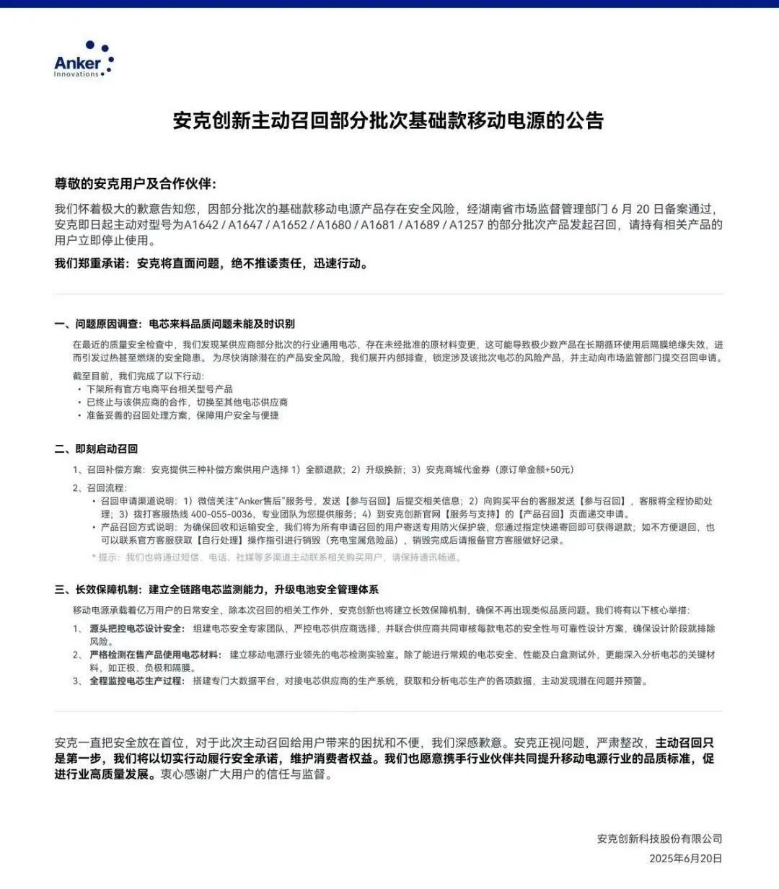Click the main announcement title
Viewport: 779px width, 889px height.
pos(388,120)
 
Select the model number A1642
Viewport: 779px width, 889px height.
pos(201,225)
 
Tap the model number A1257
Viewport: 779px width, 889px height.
pos(467,225)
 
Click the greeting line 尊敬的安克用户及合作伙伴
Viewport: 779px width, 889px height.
pos(136,184)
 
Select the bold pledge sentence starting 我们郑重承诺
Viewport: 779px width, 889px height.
pos(212,264)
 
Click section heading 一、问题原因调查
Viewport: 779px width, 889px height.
pos(175,324)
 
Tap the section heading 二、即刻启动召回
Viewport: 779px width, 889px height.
pos(96,448)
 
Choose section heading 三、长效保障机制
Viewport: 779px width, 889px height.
pos(216,589)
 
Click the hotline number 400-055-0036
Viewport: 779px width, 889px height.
pos(222,514)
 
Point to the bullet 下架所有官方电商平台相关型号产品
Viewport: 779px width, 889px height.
pos(159,389)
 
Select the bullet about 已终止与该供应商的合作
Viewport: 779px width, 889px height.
pos(187,402)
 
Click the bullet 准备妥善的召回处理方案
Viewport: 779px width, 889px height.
pos(182,415)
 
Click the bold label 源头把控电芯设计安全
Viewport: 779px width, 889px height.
pos(137,629)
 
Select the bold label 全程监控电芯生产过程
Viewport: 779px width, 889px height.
pos(137,681)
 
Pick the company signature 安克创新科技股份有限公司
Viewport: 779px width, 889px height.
pos(659,839)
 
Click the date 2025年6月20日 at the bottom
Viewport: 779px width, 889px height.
pos(685,858)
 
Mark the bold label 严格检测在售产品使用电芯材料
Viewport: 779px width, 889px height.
pos(155,655)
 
